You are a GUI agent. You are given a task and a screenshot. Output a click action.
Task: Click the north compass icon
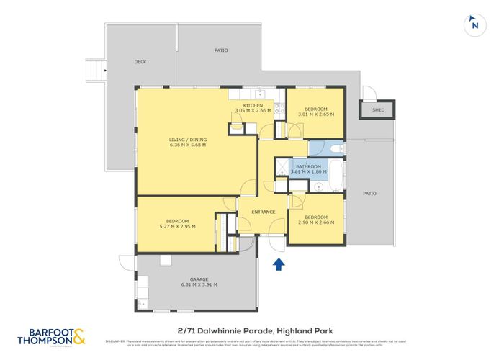coord(474,24)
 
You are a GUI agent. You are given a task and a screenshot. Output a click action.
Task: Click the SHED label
coord(378,110)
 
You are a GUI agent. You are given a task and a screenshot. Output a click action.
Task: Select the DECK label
coord(140,62)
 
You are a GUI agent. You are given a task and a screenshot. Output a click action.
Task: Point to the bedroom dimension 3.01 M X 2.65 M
coord(315,114)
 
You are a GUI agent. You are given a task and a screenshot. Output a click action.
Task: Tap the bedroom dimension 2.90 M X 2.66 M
coord(315,223)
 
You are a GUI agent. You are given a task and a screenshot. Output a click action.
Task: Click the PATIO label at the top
coord(221,50)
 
